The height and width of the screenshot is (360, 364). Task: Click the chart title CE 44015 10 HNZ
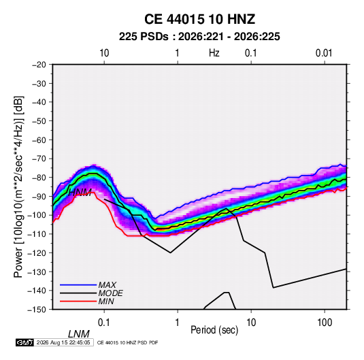click(x=199, y=19)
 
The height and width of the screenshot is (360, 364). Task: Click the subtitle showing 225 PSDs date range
click(x=199, y=37)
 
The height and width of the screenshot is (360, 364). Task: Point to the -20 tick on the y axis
click(x=39, y=65)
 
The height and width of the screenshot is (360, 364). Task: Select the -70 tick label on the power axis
click(x=39, y=159)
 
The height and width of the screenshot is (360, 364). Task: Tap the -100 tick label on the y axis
click(x=37, y=215)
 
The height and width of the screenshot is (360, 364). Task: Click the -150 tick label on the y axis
click(x=37, y=310)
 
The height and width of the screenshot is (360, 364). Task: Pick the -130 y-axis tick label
click(x=37, y=272)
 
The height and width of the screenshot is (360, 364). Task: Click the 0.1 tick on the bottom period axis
click(x=103, y=323)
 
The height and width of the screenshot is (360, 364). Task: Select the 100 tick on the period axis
click(x=325, y=323)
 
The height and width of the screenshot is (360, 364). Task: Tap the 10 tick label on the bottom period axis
click(x=251, y=323)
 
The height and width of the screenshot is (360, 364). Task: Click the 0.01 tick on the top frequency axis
click(x=324, y=53)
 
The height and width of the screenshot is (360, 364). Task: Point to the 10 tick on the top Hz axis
click(x=104, y=53)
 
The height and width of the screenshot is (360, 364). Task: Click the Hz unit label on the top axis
click(x=214, y=53)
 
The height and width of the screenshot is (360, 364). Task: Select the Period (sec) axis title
click(x=214, y=330)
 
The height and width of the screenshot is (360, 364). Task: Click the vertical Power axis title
click(x=18, y=187)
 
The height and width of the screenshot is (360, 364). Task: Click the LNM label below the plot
click(x=79, y=334)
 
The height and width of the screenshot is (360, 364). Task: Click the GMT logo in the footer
click(x=24, y=342)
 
